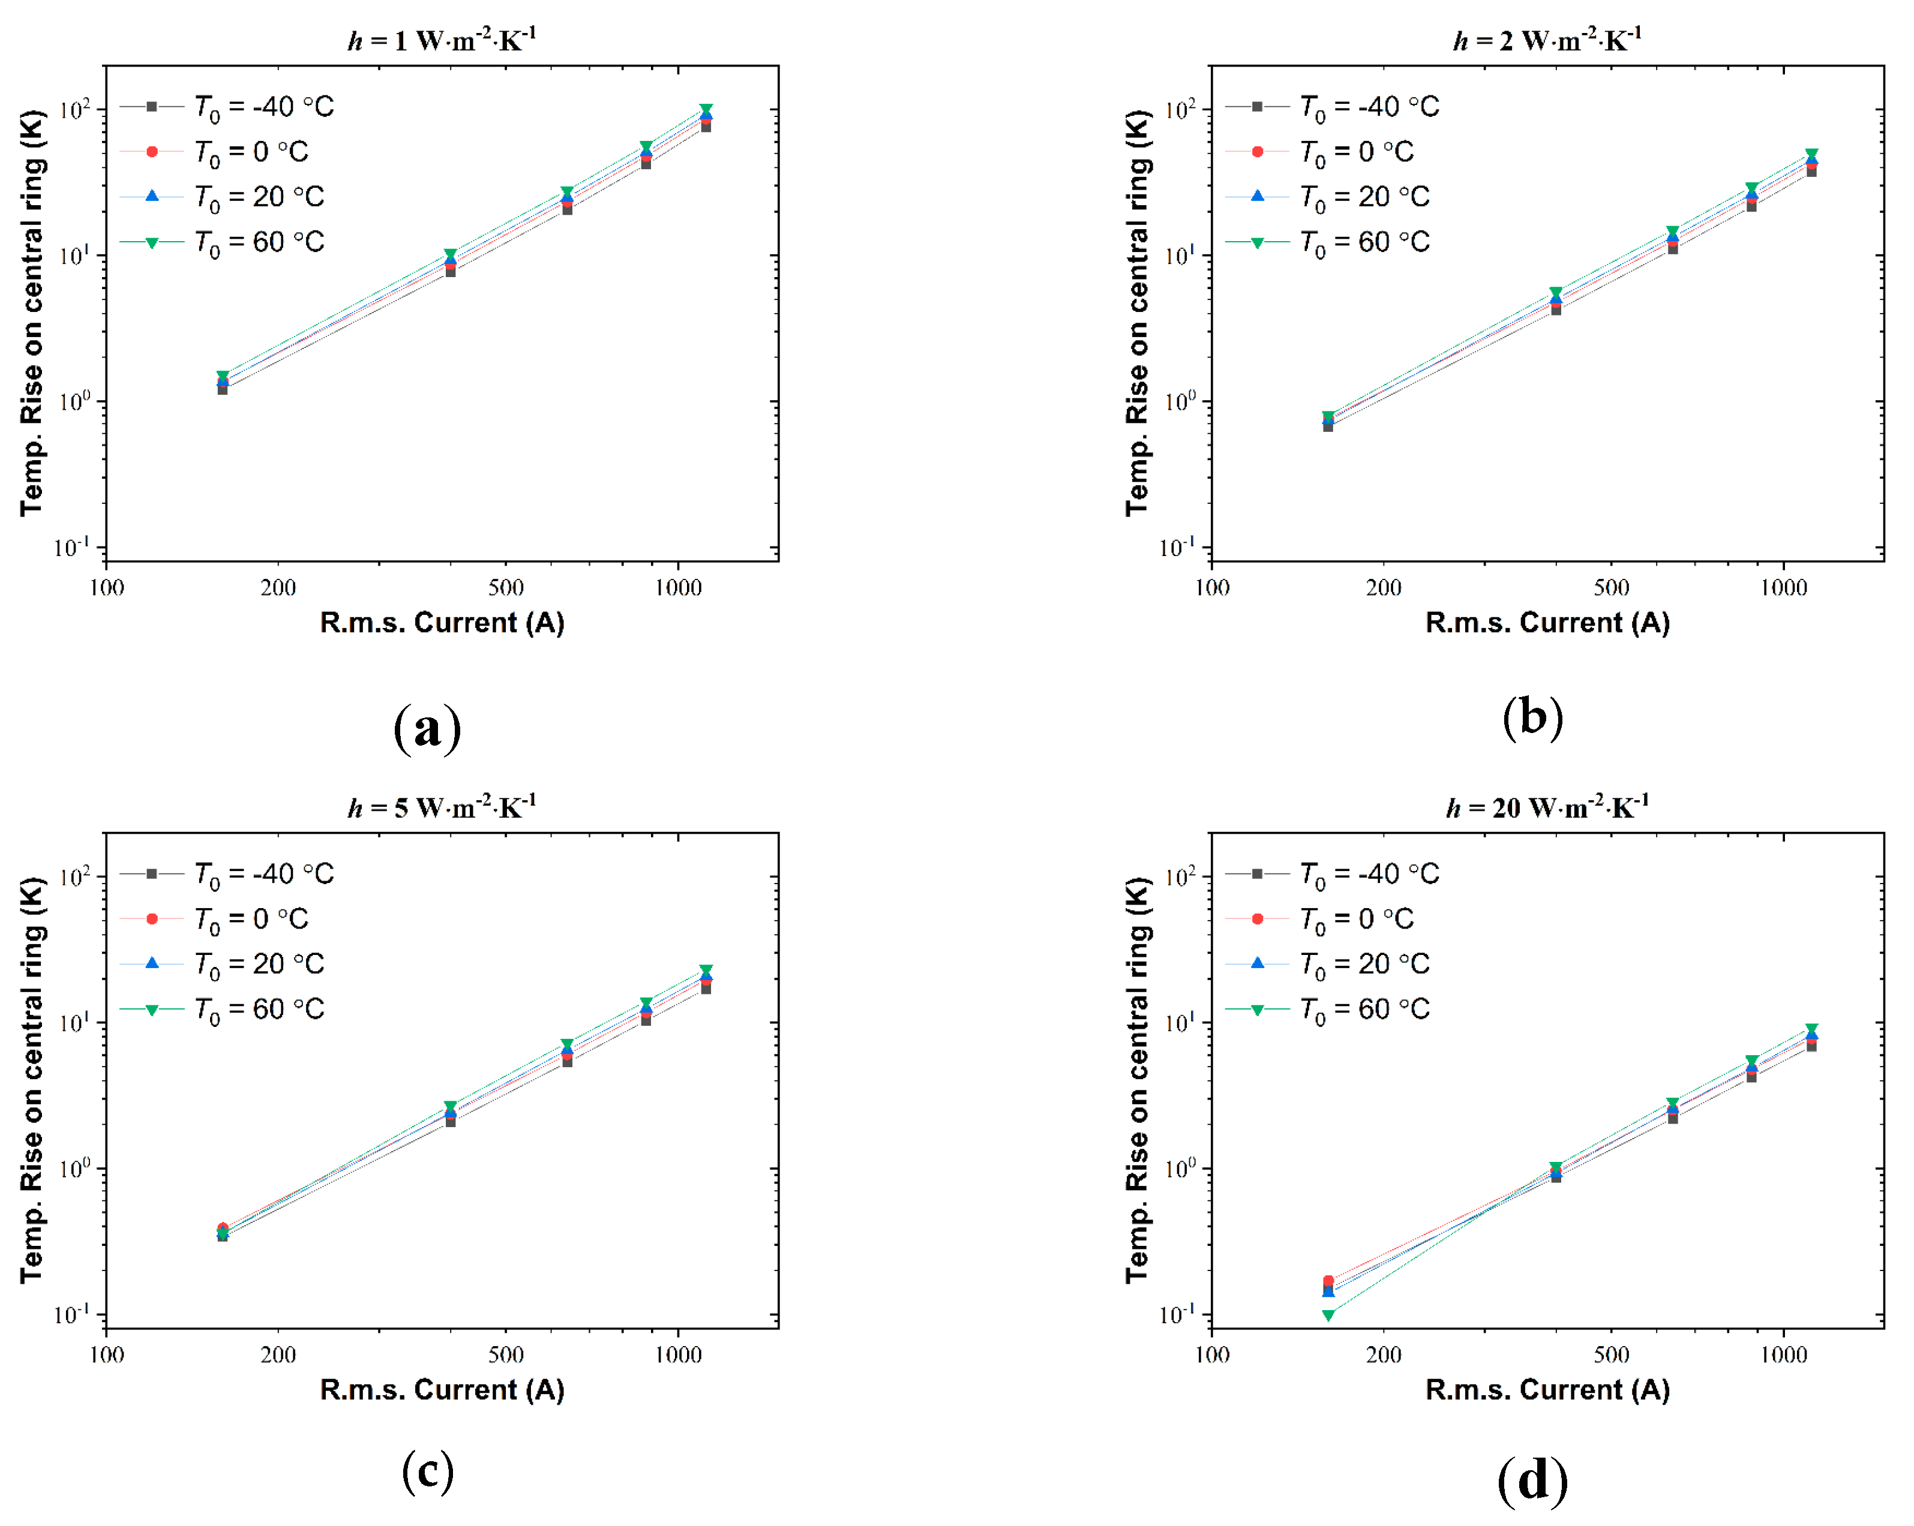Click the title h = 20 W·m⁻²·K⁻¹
[1546, 807]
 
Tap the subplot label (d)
[1532, 1480]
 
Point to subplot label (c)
[427, 1471]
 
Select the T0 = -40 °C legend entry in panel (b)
[1368, 107]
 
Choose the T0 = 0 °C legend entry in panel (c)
[250, 919]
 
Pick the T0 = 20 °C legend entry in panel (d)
[1364, 963]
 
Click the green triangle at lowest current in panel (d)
[1328, 1315]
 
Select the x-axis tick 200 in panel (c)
[278, 1354]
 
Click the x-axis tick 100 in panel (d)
[1212, 1354]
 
